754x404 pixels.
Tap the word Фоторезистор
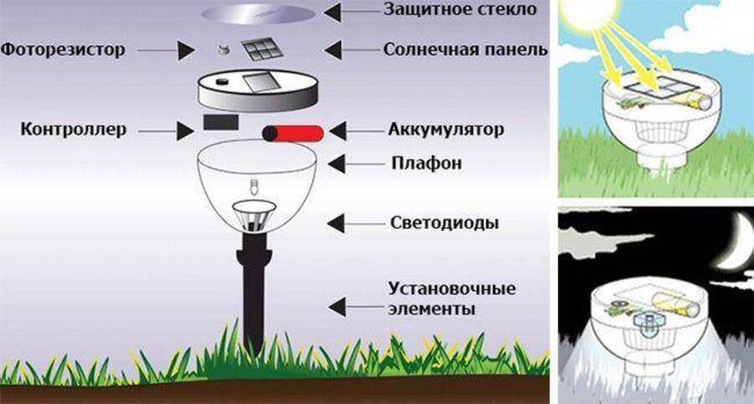coord(63,49)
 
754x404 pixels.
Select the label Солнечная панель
coord(465,49)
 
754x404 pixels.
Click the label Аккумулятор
coord(446,130)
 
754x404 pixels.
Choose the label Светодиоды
coord(445,224)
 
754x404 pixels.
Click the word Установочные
coord(452,290)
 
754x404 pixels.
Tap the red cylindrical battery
coord(293,133)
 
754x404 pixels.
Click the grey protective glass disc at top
coord(258,13)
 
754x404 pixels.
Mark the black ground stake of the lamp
coord(255,285)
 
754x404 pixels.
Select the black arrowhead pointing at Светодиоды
coord(335,224)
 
